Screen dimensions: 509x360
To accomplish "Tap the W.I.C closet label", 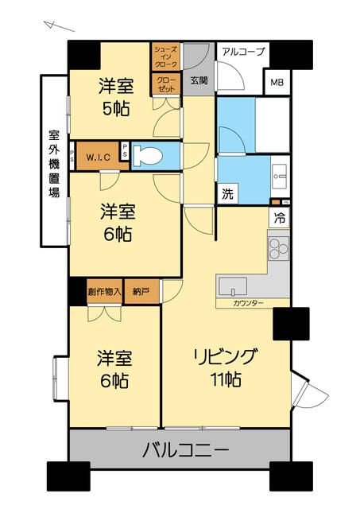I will pyautogui.click(x=99, y=156).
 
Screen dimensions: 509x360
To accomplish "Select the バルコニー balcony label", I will pyautogui.click(x=186, y=451).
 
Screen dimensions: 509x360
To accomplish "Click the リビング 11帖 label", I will pyautogui.click(x=226, y=367).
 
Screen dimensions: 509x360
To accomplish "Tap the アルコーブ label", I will pyautogui.click(x=242, y=52).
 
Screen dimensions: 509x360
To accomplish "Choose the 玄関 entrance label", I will pyautogui.click(x=199, y=80).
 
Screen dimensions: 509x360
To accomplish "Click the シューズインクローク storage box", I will pyautogui.click(x=166, y=57).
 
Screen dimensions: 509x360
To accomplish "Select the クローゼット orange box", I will pyautogui.click(x=166, y=84).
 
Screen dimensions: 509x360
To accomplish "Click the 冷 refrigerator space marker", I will pyautogui.click(x=280, y=216).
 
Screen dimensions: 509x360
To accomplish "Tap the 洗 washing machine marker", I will pyautogui.click(x=226, y=192).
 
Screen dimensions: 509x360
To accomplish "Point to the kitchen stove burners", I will pyautogui.click(x=279, y=248).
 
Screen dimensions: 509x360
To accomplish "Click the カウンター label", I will pyautogui.click(x=249, y=303).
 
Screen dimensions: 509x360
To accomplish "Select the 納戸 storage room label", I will pyautogui.click(x=140, y=291).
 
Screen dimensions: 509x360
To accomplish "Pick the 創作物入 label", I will pyautogui.click(x=104, y=291).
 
